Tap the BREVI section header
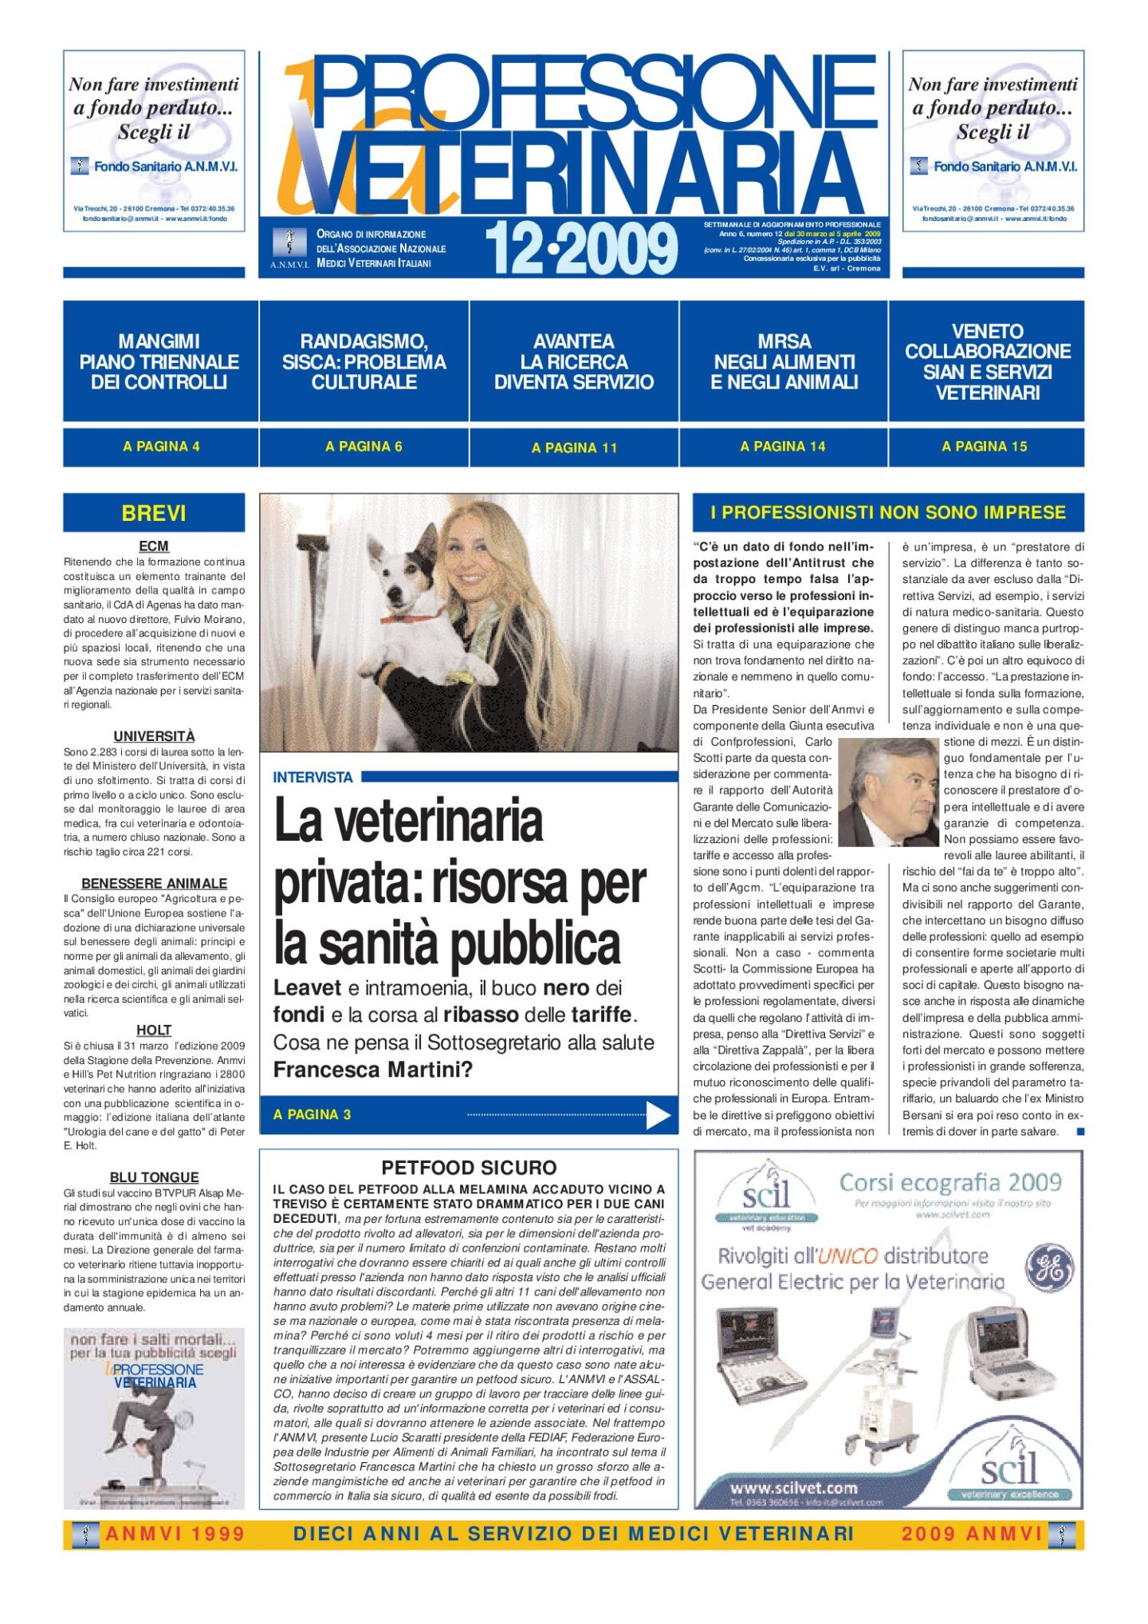(154, 513)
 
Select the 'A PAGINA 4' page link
(161, 447)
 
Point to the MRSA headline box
(784, 361)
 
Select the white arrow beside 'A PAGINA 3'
(658, 1115)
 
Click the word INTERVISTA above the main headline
(313, 777)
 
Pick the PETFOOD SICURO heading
(469, 1168)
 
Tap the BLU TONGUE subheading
(154, 1177)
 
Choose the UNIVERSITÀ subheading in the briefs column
(154, 736)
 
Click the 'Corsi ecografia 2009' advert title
(949, 1182)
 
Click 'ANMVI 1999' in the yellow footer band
(175, 1534)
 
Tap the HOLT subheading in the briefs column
(154, 1031)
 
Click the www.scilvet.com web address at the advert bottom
(793, 1488)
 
